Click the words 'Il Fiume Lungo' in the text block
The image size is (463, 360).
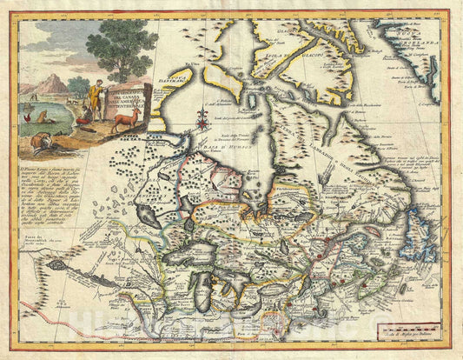[x=43, y=163]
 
